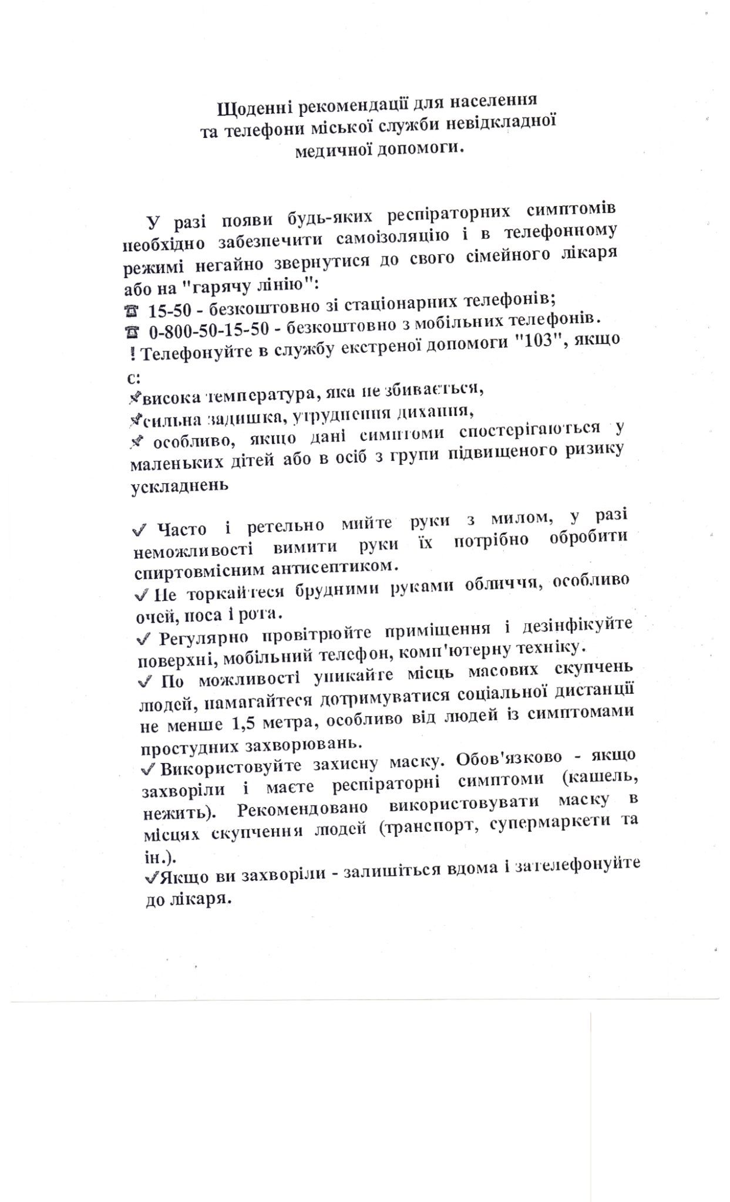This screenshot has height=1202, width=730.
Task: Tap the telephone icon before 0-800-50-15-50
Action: tap(132, 332)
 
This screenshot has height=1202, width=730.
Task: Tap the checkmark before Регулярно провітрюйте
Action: tap(141, 637)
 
